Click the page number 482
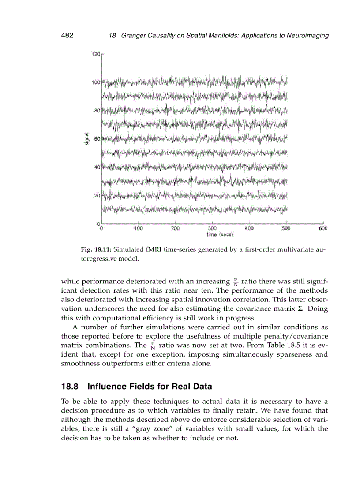pos(67,36)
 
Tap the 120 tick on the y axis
pos(95,54)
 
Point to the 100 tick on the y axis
pos(95,82)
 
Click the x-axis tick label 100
pos(139,228)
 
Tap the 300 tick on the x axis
pos(212,228)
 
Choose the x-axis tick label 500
pos(286,228)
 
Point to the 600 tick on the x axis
pos(322,228)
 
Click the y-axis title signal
pos(87,139)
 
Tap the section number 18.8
pos(70,387)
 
